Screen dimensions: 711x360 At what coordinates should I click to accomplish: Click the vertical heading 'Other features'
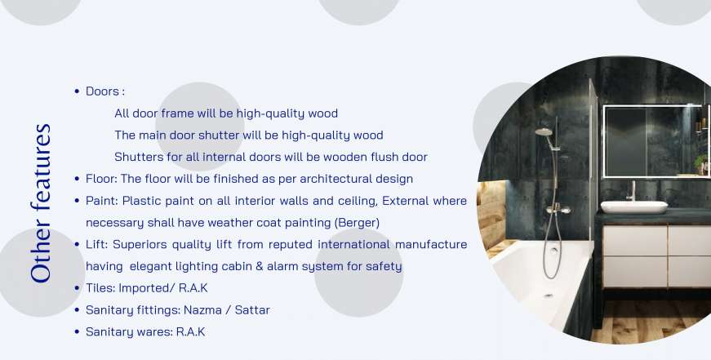click(x=40, y=203)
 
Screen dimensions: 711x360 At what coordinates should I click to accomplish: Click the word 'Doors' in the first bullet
click(x=103, y=91)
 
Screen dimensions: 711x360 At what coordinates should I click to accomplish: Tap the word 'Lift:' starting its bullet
click(x=96, y=244)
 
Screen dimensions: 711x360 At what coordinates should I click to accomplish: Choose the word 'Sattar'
click(x=252, y=310)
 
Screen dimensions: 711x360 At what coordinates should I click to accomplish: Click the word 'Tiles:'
click(x=100, y=288)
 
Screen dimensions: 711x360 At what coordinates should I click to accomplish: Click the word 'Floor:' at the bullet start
click(x=101, y=179)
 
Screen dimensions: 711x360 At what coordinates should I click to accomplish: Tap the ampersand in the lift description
click(x=259, y=266)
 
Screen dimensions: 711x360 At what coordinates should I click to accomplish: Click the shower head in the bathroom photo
click(x=544, y=132)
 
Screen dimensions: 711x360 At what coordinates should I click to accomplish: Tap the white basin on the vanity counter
click(x=634, y=207)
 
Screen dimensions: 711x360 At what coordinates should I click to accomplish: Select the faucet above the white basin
click(x=631, y=190)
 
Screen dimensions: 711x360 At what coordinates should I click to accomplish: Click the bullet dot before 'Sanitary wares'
click(x=77, y=332)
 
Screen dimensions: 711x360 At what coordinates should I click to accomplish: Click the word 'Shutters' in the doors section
click(x=134, y=157)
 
